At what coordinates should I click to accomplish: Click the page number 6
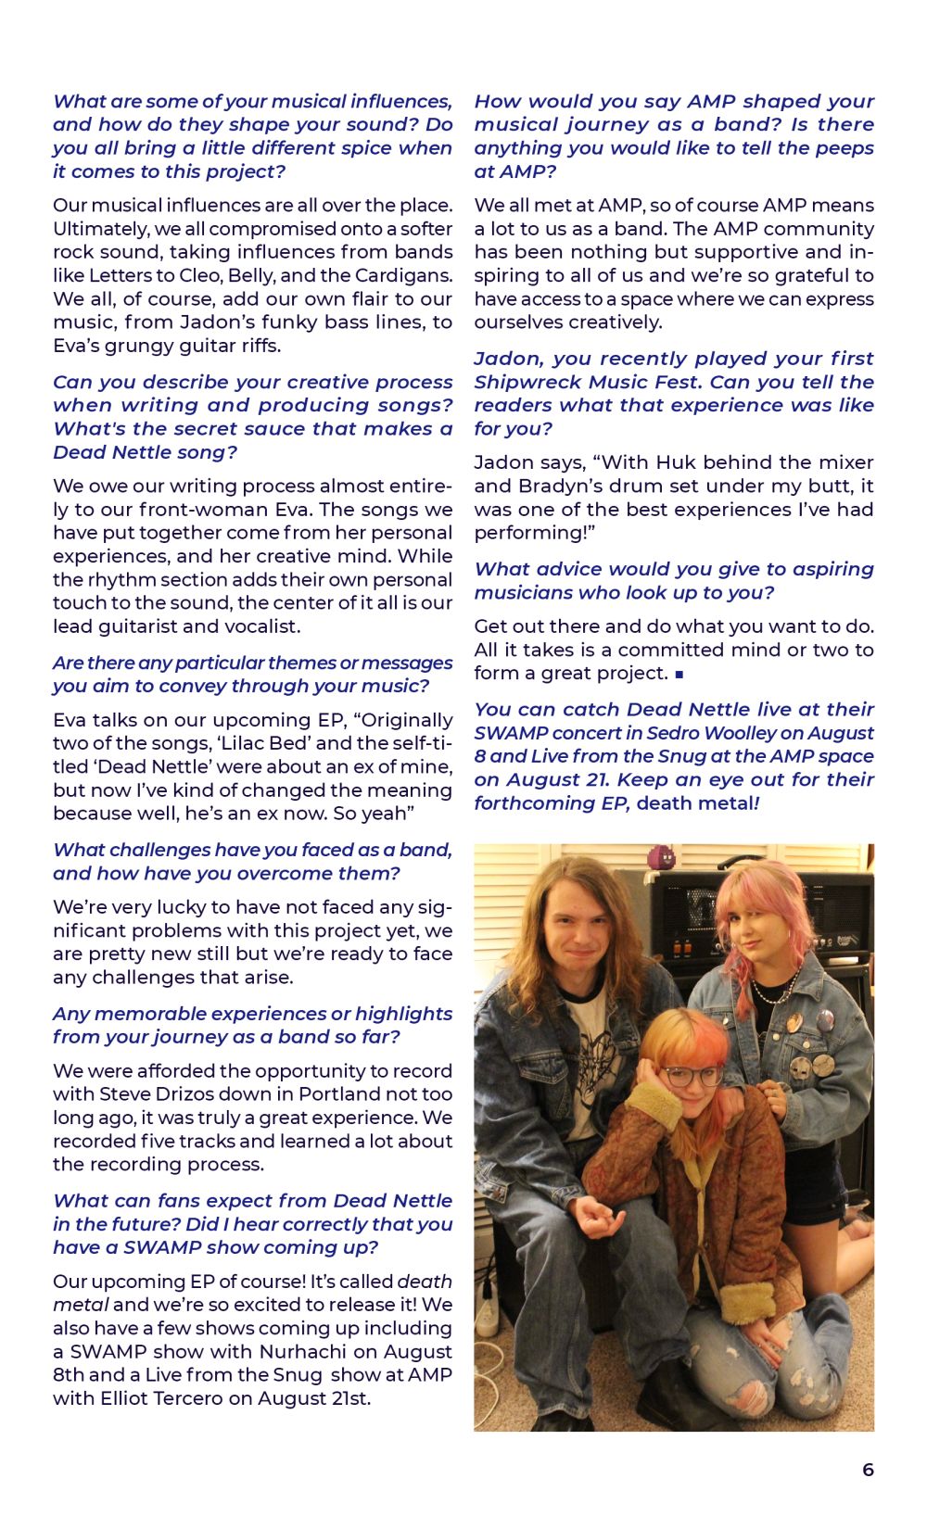click(x=868, y=1470)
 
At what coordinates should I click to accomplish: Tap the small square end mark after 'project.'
click(x=679, y=675)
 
